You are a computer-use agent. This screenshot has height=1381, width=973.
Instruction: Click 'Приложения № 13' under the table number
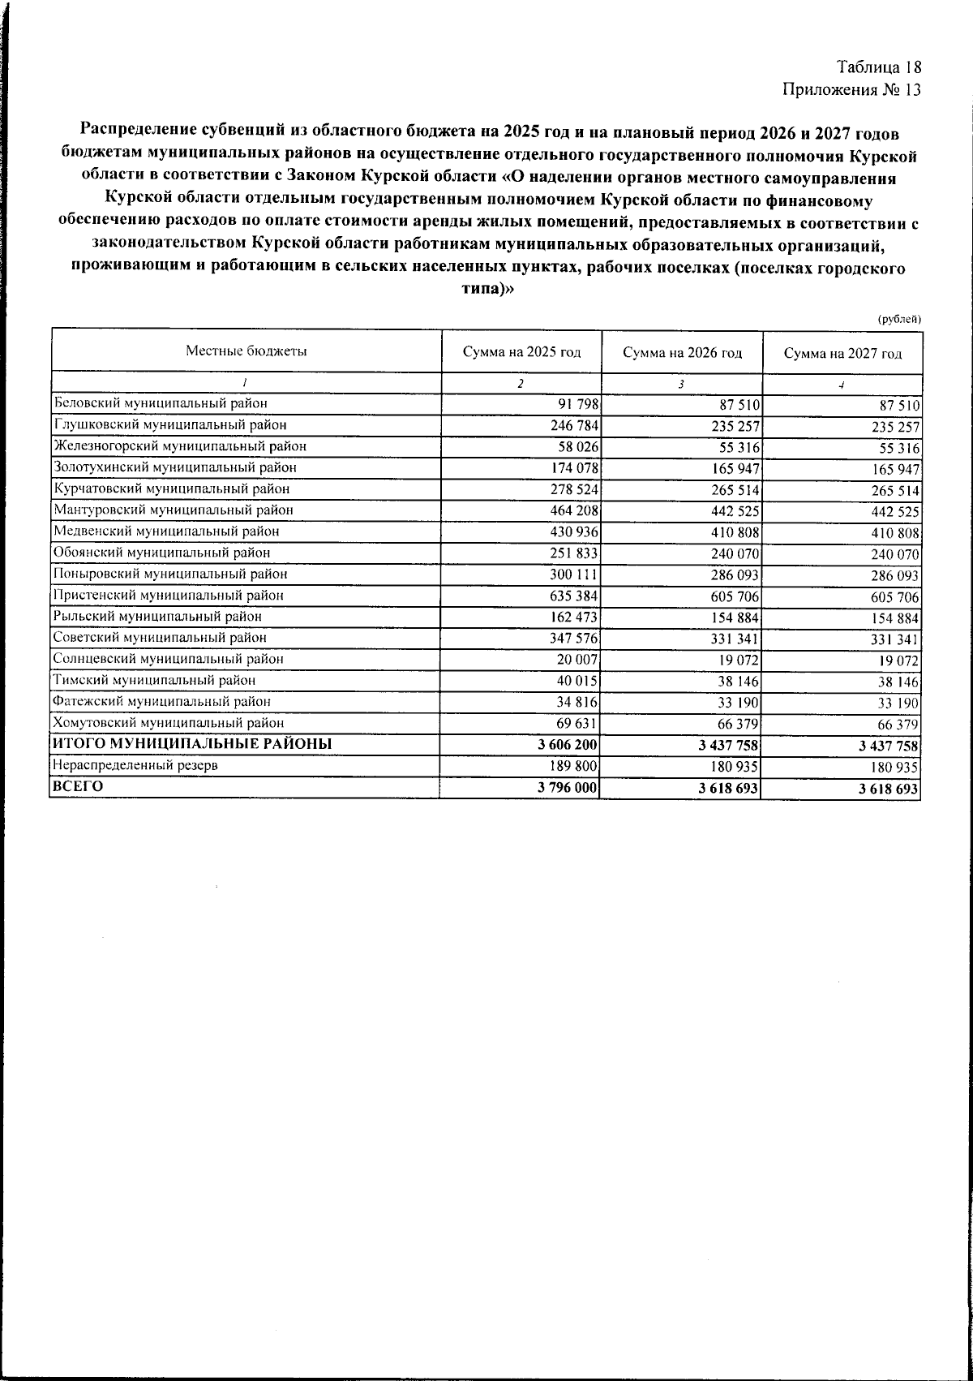(x=852, y=89)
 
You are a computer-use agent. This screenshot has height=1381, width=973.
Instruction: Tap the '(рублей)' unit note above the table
(x=900, y=319)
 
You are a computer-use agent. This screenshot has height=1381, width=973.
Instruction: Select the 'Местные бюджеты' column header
(x=246, y=351)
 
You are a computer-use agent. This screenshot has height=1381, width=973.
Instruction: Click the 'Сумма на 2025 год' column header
(x=521, y=353)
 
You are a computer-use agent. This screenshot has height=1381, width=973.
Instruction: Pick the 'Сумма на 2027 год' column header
(x=842, y=353)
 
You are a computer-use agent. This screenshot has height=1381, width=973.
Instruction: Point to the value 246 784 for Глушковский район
(x=572, y=425)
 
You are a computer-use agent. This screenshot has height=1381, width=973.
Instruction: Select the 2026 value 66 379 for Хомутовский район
(x=736, y=724)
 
